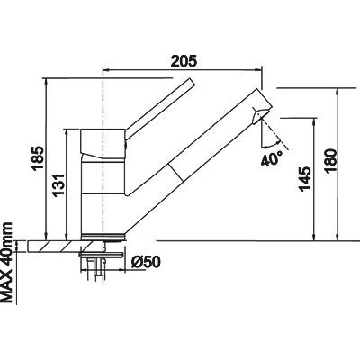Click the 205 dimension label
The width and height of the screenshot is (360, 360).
(184, 61)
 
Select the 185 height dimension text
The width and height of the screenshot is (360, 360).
(38, 158)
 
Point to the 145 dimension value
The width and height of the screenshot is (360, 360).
(305, 179)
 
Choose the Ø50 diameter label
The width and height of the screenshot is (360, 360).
(146, 262)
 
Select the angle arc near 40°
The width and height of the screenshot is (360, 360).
(271, 145)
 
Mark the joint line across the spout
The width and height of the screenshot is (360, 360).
(176, 173)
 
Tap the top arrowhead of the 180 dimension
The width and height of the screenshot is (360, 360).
(337, 92)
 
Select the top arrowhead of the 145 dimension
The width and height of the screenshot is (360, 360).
(314, 122)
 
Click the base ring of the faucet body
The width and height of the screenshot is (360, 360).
(103, 237)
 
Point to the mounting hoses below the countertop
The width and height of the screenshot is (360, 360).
(96, 269)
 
